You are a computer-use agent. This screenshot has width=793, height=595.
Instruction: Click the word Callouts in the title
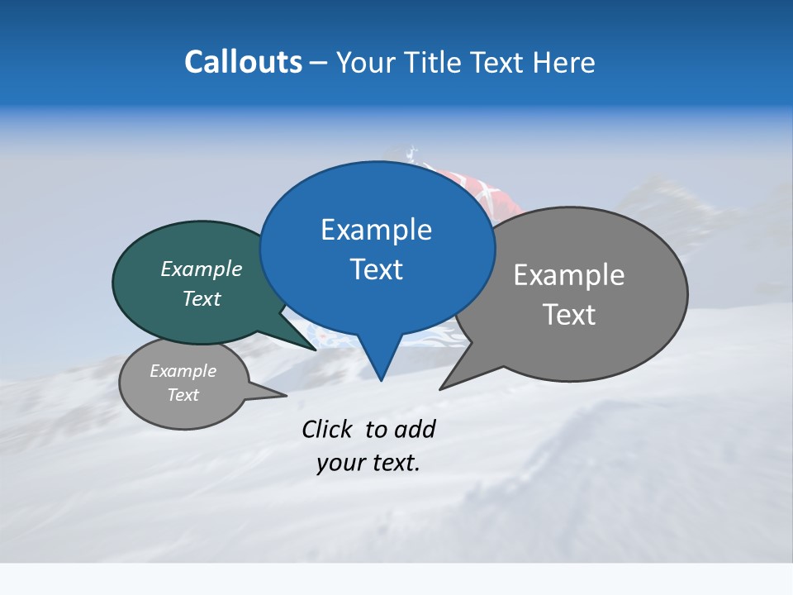pos(244,62)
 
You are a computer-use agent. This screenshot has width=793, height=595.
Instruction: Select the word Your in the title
pos(368,63)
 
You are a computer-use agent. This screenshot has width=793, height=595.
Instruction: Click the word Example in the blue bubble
pos(376,230)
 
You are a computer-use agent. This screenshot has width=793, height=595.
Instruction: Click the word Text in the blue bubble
pos(377,269)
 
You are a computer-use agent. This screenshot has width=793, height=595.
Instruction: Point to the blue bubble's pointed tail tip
pos(380,379)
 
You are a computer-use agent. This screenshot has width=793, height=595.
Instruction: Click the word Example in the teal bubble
pos(202,269)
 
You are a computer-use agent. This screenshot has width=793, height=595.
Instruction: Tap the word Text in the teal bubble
pos(202,298)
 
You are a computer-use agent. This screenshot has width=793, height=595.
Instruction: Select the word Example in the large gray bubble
pos(569,275)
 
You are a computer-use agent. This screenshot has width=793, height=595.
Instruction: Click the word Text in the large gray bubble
pos(570,315)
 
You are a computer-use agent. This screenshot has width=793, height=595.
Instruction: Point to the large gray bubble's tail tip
pos(443,387)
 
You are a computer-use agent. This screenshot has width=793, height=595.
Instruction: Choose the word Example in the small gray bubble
pos(183,371)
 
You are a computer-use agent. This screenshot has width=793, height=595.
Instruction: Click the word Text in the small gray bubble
pos(183,395)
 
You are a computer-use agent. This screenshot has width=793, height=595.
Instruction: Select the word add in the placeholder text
pos(415,429)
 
